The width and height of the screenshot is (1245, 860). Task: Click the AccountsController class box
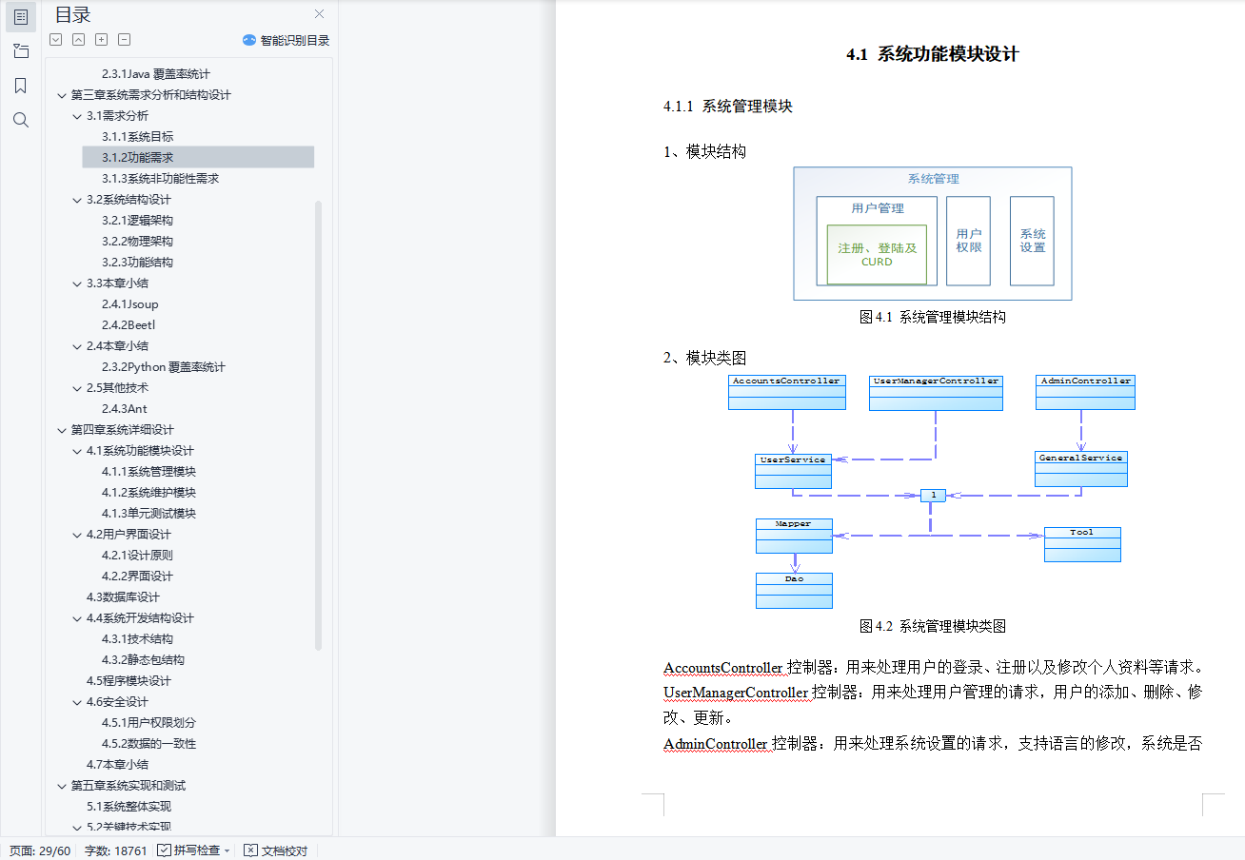click(786, 392)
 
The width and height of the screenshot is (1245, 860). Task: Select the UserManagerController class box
click(936, 392)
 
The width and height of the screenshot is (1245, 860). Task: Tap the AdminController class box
click(1085, 392)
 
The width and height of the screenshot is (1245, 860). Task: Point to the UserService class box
click(792, 471)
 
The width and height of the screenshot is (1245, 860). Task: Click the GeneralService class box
click(1080, 469)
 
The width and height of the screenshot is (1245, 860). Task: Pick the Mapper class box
click(794, 536)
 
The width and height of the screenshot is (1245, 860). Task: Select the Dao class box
click(794, 590)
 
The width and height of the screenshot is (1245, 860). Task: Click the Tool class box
click(1081, 544)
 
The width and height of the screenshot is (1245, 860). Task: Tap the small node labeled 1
click(933, 495)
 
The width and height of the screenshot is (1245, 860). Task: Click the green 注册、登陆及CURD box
click(876, 254)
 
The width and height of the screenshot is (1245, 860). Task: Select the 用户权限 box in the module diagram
click(968, 241)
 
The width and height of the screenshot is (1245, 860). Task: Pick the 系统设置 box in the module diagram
click(1032, 241)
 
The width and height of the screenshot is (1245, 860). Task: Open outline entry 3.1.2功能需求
click(137, 158)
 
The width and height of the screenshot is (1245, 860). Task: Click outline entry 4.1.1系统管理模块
click(148, 472)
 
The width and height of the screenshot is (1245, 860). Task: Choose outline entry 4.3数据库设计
click(123, 597)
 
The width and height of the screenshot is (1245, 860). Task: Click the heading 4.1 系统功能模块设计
click(932, 54)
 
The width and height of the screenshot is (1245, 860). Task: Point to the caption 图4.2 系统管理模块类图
click(932, 626)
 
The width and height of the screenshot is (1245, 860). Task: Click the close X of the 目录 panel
click(319, 14)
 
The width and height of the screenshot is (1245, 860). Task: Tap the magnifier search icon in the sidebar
click(20, 120)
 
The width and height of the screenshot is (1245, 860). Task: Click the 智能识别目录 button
click(286, 40)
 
